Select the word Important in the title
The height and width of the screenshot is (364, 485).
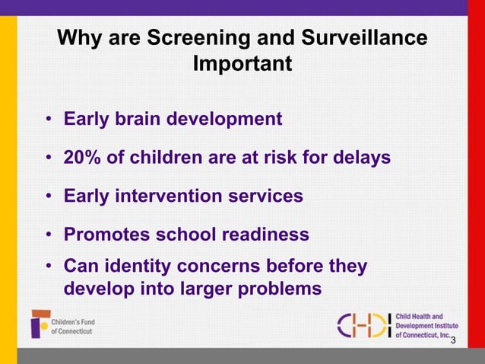(242, 64)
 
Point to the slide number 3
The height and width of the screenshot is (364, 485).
(453, 340)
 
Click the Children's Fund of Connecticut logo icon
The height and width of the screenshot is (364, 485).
(40, 324)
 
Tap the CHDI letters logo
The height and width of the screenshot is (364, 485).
(363, 325)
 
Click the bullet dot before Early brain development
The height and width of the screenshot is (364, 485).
(48, 120)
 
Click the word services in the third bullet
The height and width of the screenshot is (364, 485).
(270, 196)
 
